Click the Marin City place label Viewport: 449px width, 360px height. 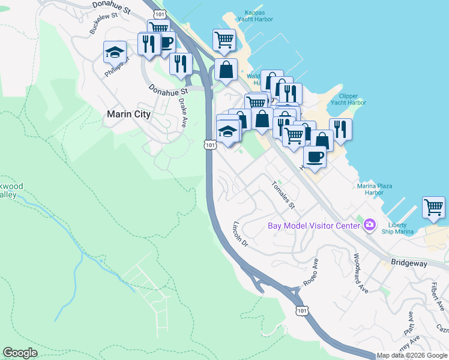click(x=128, y=114)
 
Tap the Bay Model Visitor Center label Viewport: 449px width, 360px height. click(x=313, y=226)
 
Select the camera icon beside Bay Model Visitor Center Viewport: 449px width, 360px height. click(x=370, y=226)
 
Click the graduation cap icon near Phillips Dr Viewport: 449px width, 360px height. click(x=114, y=52)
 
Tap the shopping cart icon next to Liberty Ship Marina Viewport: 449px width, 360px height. click(x=433, y=208)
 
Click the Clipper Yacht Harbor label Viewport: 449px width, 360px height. click(x=352, y=99)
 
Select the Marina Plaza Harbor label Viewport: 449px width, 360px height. click(x=375, y=190)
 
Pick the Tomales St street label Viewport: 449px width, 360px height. click(x=284, y=196)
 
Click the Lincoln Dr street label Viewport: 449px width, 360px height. click(x=240, y=234)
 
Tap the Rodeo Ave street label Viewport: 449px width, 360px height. click(x=310, y=272)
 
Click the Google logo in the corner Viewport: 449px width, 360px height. click(x=20, y=353)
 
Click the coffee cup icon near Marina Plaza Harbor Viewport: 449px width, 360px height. click(x=314, y=157)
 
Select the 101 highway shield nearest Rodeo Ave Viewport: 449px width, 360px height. click(x=302, y=310)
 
